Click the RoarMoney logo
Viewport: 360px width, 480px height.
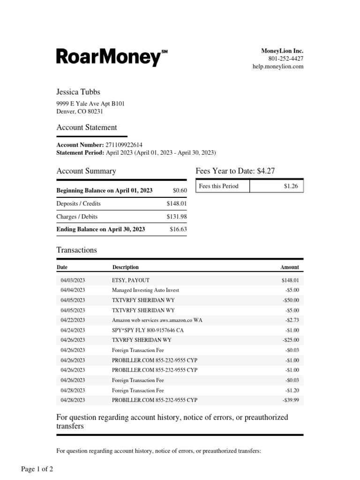112,57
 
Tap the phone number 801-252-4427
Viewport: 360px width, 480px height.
285,59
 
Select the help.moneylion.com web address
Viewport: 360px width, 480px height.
278,67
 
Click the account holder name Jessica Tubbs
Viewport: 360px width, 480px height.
78,92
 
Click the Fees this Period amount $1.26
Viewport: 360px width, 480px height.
290,186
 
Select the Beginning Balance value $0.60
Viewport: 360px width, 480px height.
180,190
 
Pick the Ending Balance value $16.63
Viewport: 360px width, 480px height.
178,229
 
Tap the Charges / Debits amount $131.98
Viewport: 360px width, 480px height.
176,217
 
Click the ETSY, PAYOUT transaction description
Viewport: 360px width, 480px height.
131,280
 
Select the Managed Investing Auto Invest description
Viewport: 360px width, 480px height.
145,290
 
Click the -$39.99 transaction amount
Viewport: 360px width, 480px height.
291,400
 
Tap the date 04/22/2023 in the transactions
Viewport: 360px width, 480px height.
73,320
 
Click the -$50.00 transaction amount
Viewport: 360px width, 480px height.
291,300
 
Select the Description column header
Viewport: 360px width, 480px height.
125,267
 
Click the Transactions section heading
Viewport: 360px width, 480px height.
76,250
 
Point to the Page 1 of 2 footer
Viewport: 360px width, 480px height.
37,469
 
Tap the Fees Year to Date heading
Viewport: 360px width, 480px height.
235,171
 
